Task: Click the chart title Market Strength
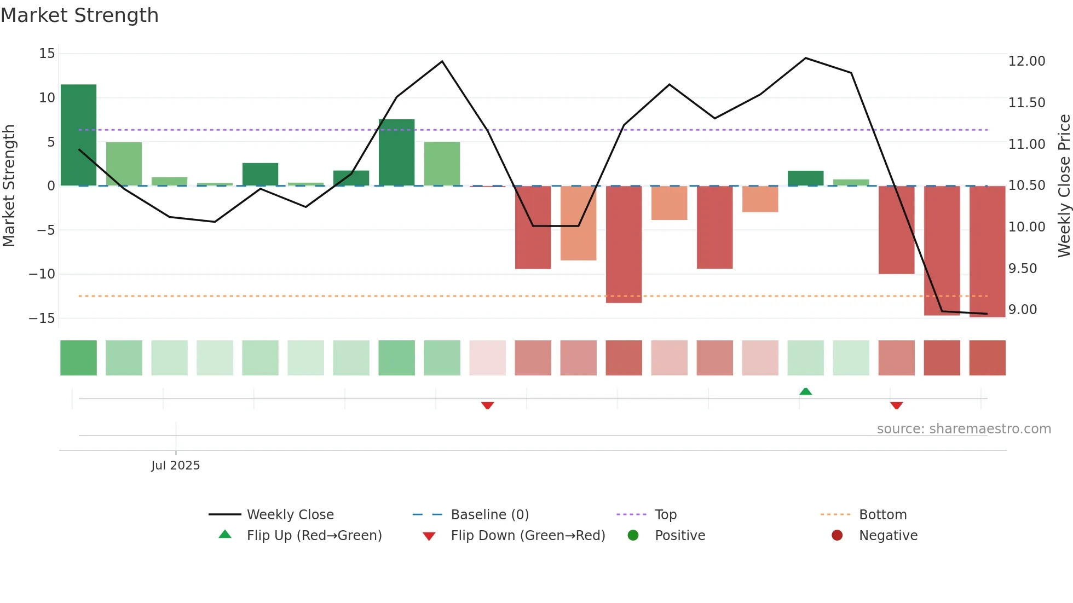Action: click(x=79, y=15)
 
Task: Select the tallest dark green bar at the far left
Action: click(x=78, y=135)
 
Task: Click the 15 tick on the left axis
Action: click(x=47, y=54)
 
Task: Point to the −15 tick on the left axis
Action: click(x=42, y=318)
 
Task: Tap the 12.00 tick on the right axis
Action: click(x=1026, y=61)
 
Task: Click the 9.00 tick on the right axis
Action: click(x=1023, y=310)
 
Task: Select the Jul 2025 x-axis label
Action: click(x=175, y=466)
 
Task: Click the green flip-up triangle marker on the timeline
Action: click(x=805, y=392)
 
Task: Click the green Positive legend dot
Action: click(x=633, y=536)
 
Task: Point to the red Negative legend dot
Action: click(x=837, y=536)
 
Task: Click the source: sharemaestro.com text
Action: click(x=964, y=429)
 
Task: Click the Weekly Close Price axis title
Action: click(x=1064, y=186)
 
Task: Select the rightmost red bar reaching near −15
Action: click(x=987, y=252)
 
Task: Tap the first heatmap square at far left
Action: click(x=78, y=358)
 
